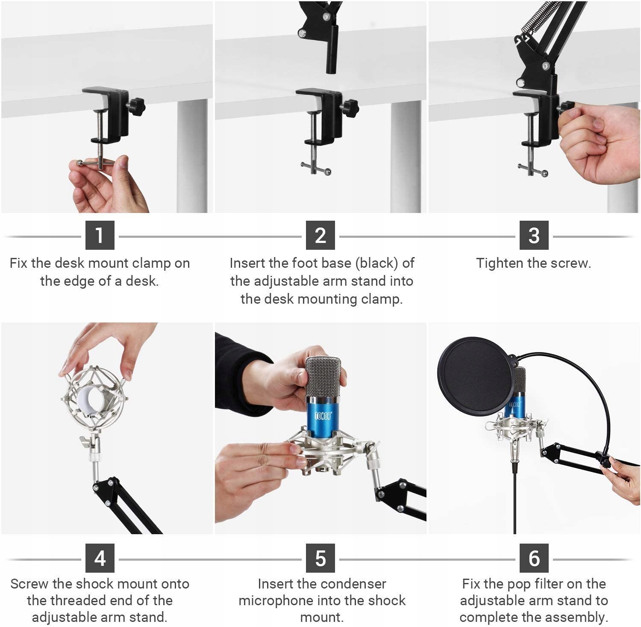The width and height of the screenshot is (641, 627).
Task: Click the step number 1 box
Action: coord(100,235)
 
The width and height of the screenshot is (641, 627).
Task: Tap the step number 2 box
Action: coord(320,235)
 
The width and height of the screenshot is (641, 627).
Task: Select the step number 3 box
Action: coord(534,235)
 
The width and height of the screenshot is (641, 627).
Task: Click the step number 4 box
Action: coord(100,558)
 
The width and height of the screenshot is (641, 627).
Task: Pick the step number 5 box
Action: coord(320,558)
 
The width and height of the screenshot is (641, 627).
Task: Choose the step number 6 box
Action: coord(534,558)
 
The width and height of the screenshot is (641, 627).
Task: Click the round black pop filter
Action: coord(474,376)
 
